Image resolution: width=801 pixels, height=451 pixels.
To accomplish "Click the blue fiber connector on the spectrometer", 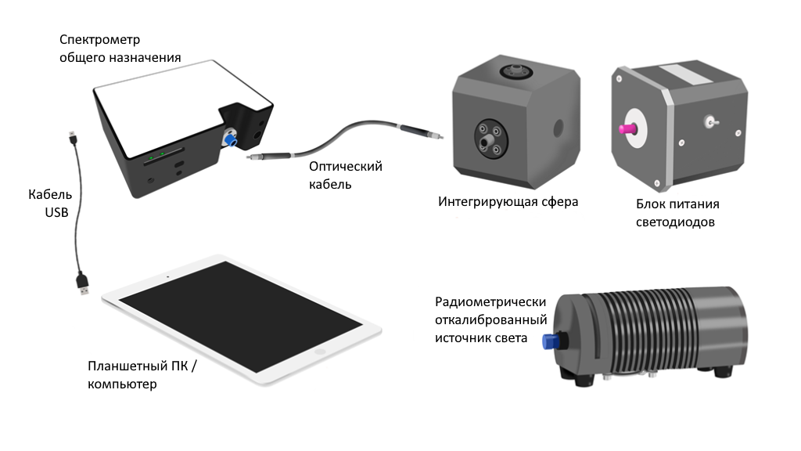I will (230, 140).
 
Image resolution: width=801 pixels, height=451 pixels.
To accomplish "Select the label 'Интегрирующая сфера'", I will (508, 202).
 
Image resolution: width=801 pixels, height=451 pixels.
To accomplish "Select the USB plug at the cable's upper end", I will (72, 140).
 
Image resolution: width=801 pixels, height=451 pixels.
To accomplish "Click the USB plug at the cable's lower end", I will (82, 283).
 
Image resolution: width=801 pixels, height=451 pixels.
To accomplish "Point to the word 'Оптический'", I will (345, 167).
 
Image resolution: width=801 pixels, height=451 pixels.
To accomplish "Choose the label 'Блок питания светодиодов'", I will (677, 213).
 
